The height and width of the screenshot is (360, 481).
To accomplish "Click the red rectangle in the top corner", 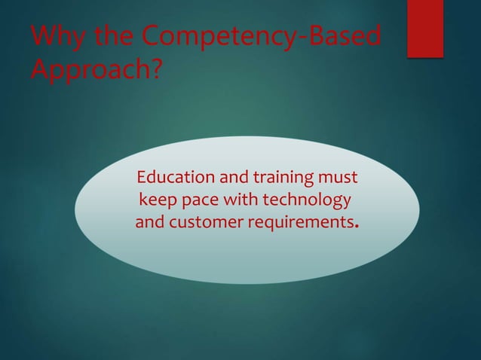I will tap(424, 28).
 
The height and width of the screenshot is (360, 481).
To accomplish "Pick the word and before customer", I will tap(150, 223).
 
